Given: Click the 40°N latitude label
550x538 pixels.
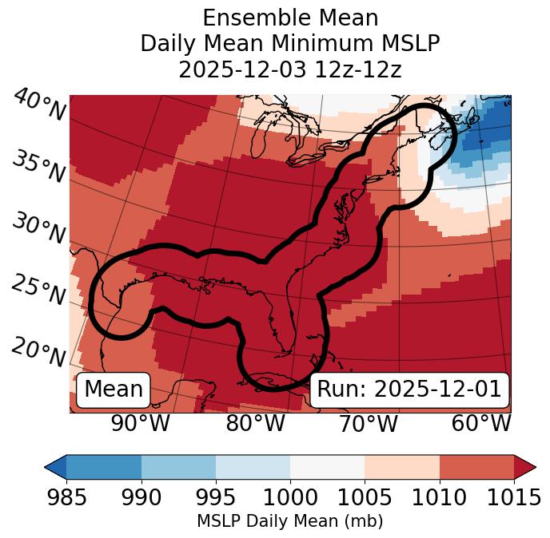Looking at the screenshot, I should pos(39,105).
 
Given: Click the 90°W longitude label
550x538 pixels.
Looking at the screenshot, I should pos(140,424).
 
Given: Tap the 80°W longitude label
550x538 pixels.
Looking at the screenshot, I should pos(255,424).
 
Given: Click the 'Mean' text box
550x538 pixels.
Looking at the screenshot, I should pos(114,390).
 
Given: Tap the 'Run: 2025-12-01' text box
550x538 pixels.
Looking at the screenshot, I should pos(409,390).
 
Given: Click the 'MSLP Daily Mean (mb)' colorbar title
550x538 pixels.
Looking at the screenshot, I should pos(290,521).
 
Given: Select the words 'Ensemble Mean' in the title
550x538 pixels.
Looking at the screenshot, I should pos(290,18).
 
